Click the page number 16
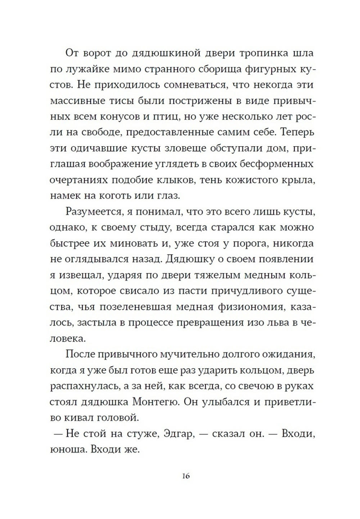coord(186,476)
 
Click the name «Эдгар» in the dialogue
coord(179,434)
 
